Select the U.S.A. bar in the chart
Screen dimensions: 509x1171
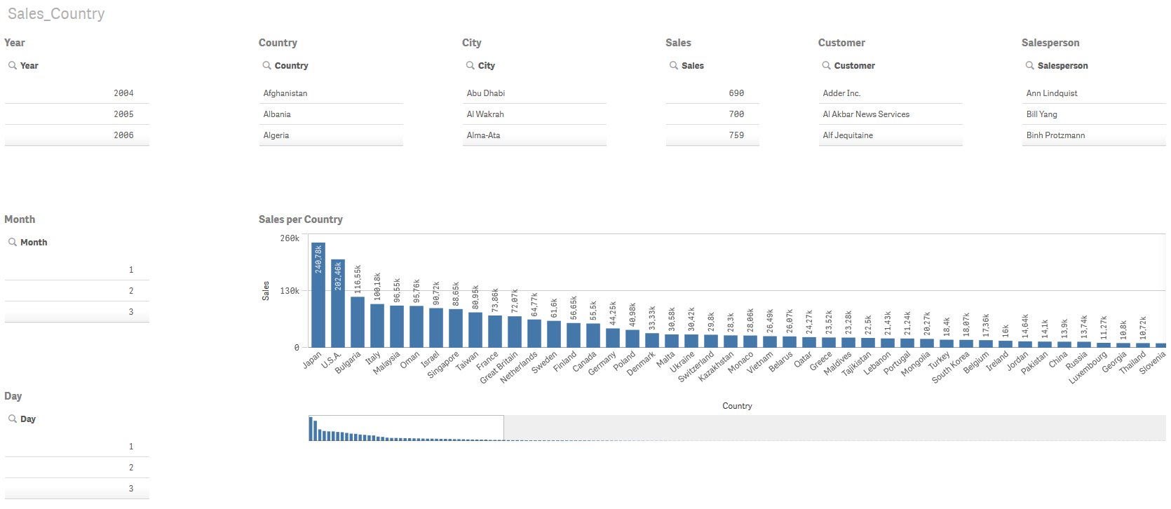(x=337, y=308)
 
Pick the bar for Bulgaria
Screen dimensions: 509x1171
(x=357, y=323)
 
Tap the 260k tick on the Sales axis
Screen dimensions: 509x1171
(x=290, y=238)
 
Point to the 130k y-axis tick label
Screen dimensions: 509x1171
(x=290, y=290)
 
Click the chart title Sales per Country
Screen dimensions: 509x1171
(x=300, y=219)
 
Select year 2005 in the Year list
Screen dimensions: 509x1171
(x=123, y=114)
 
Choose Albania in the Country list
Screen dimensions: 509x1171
(x=277, y=114)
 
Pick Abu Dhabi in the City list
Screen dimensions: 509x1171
(x=485, y=93)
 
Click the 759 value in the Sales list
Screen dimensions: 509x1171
(x=736, y=135)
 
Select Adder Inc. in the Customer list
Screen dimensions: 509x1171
(x=841, y=93)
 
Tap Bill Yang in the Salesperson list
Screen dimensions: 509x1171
(x=1041, y=114)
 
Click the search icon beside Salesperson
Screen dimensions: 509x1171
(x=1029, y=65)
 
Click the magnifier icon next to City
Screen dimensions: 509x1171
(x=470, y=65)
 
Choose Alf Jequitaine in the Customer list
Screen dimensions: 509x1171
(x=848, y=135)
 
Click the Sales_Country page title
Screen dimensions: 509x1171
(x=56, y=14)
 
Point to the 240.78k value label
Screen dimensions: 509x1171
(x=318, y=259)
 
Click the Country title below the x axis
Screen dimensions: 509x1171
(x=736, y=406)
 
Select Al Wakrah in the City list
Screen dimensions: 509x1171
(x=485, y=114)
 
